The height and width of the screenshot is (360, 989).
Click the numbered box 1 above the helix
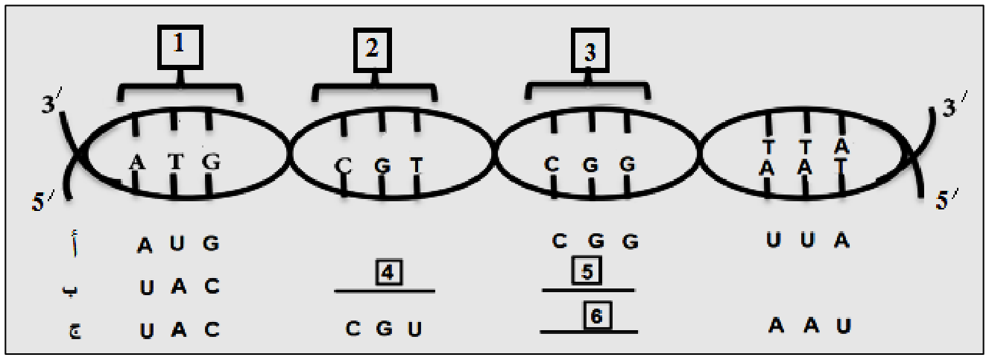pyautogui.click(x=180, y=47)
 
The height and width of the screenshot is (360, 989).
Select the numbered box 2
pyautogui.click(x=373, y=50)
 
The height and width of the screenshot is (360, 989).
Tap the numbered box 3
pyautogui.click(x=590, y=51)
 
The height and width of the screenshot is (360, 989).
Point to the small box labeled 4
pyautogui.click(x=388, y=273)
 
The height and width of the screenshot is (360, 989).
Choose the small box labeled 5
pyautogui.click(x=587, y=271)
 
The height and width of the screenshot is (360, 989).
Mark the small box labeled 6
pyautogui.click(x=598, y=315)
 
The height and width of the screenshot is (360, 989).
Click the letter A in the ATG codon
pyautogui.click(x=137, y=162)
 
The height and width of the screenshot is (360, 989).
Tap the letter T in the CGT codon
pyautogui.click(x=417, y=165)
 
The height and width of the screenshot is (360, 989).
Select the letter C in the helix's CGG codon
pyautogui.click(x=551, y=164)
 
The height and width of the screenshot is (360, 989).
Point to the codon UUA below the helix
pyautogui.click(x=808, y=240)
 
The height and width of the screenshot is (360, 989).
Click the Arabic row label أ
pyautogui.click(x=75, y=242)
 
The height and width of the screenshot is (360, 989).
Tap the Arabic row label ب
pyautogui.click(x=70, y=290)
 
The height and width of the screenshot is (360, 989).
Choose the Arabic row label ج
pyautogui.click(x=75, y=331)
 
